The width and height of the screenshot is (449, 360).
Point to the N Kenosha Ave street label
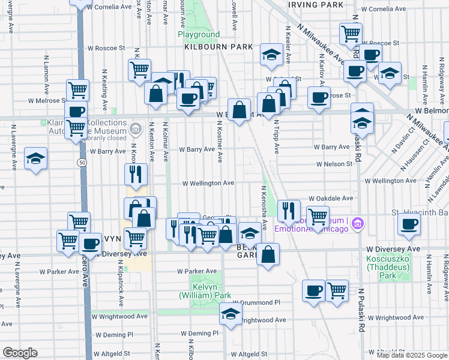(x=263, y=208)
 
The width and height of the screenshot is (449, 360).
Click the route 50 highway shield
(x=80, y=162)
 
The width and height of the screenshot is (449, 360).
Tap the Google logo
(x=20, y=353)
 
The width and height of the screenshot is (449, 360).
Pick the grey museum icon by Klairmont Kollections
(x=135, y=128)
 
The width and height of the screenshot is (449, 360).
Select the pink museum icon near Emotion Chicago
(x=358, y=224)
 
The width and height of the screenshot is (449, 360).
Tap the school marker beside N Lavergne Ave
(x=35, y=158)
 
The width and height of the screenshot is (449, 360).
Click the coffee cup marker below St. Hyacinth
(x=409, y=224)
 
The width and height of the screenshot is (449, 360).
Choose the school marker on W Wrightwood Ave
(x=231, y=313)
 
